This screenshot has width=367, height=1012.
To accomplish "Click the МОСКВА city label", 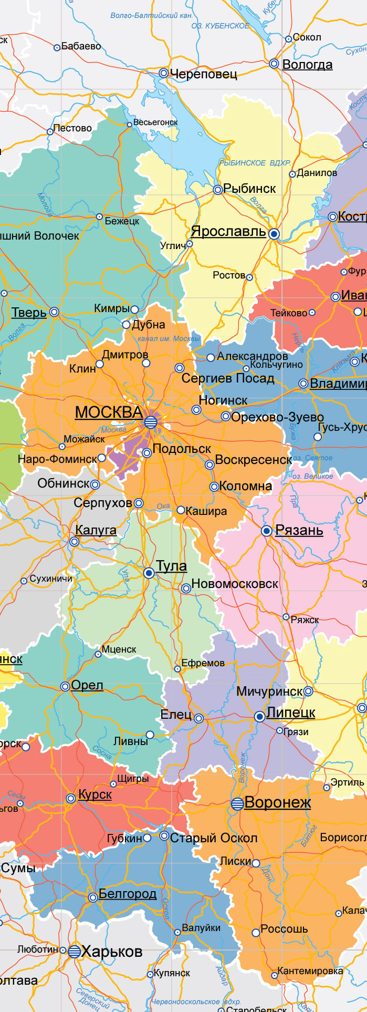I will tap(109, 412).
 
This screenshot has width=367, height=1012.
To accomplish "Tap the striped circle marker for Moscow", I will tap(151, 422).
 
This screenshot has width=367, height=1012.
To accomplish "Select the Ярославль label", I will tap(228, 231).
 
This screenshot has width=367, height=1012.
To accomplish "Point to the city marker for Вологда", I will tap(274, 64).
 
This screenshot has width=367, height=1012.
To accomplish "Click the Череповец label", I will tap(204, 74).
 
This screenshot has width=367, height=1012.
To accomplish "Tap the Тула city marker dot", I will tap(149, 573).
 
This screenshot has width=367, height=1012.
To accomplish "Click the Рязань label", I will tap(299, 530).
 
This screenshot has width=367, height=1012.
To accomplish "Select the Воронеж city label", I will tap(278, 803).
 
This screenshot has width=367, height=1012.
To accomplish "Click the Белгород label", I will tap(128, 894).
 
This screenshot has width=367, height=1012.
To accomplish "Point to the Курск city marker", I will tap(71, 799).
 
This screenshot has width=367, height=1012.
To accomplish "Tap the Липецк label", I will tap(291, 712).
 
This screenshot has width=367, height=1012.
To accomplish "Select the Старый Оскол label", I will tap(214, 838).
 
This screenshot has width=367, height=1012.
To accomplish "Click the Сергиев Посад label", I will tap(228, 378).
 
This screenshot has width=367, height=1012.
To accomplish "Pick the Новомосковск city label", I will tap(235, 584).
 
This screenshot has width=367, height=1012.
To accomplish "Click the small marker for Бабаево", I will tap(57, 48).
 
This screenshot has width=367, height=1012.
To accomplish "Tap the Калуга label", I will tap(96, 530).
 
